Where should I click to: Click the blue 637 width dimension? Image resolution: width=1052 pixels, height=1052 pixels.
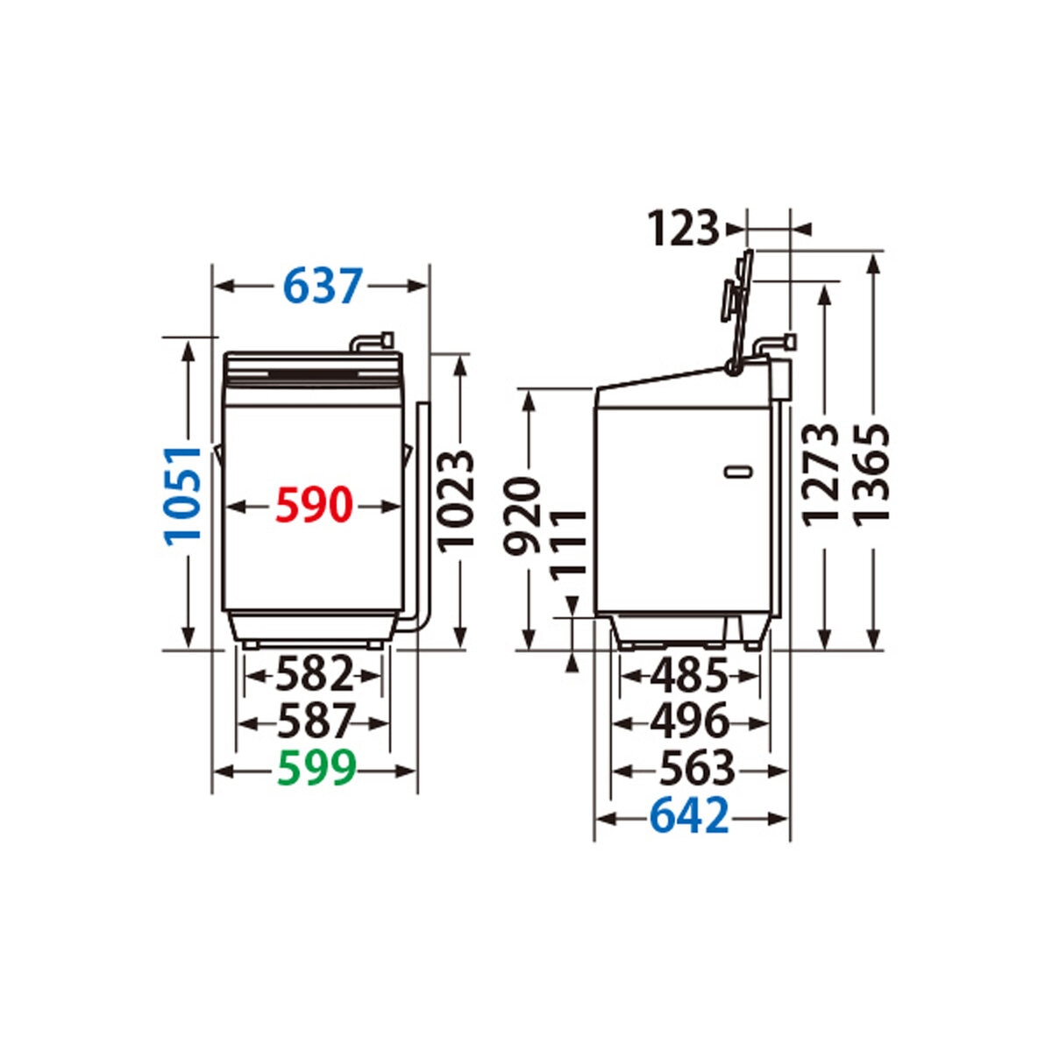(x=323, y=286)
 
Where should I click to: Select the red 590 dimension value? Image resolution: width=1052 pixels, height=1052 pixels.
(x=313, y=505)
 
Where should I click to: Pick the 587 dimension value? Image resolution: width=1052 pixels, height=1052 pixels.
(x=316, y=721)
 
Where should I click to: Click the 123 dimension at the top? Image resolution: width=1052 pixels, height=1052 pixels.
(x=684, y=229)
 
